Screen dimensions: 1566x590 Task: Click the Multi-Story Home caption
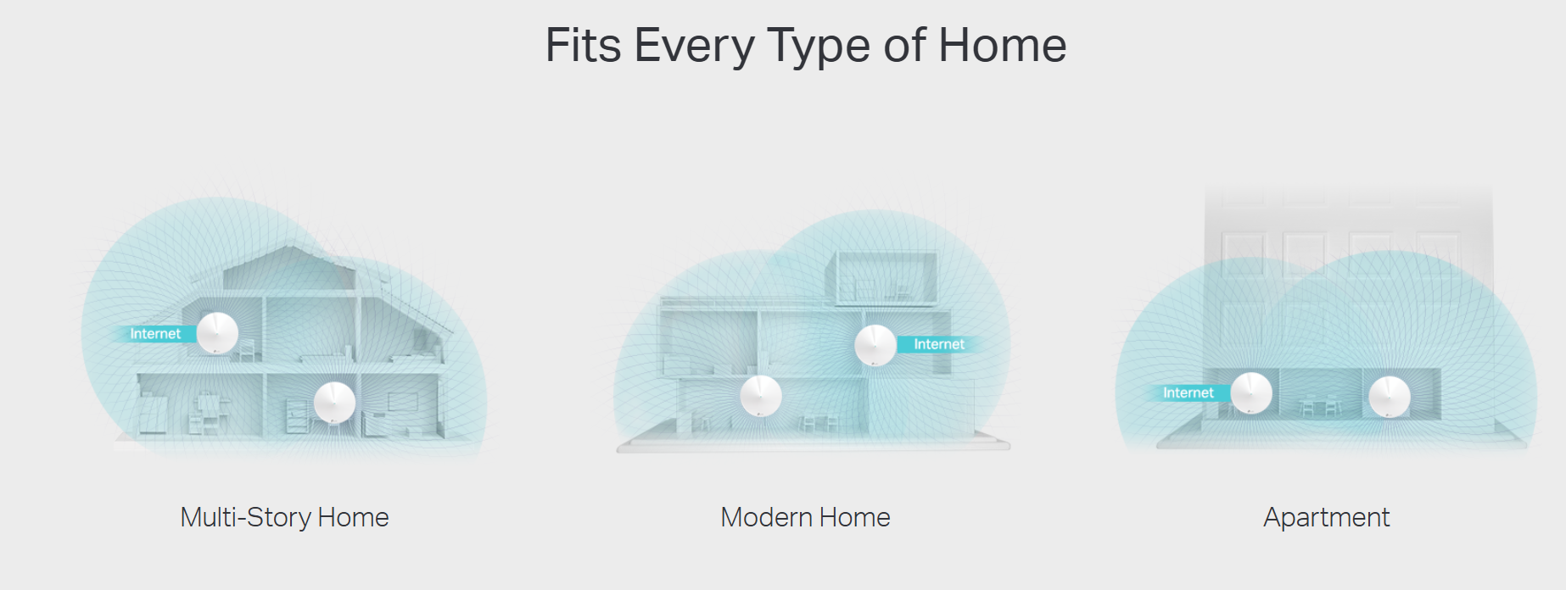pos(284,517)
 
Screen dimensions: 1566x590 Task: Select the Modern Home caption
pos(805,517)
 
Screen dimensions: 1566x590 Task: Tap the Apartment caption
pos(1327,517)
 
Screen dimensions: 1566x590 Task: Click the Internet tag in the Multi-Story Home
pos(154,334)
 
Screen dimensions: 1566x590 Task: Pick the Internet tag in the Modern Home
pos(939,344)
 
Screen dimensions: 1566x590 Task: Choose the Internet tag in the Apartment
pos(1188,392)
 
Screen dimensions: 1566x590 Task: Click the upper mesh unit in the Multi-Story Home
pos(217,333)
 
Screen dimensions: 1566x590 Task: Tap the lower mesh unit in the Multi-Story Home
pos(334,402)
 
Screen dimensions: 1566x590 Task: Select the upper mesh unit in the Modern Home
pos(875,345)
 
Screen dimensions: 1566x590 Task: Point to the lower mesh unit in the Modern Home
pos(761,395)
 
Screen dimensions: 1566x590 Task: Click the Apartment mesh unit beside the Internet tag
pos(1251,392)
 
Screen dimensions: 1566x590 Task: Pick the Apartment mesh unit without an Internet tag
pos(1390,397)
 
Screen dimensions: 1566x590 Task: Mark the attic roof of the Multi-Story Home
pos(289,268)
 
